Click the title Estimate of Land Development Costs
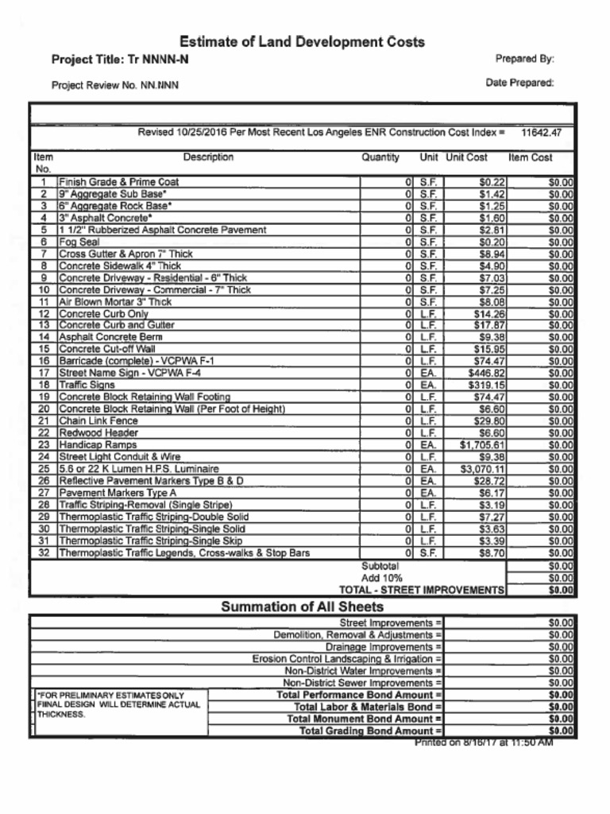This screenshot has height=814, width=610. tap(302, 41)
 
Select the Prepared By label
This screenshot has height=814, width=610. tap(524, 59)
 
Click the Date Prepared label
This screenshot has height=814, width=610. tap(519, 83)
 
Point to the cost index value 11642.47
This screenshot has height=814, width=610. tap(541, 133)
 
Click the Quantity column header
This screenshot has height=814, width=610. tap(380, 157)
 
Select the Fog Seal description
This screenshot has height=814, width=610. tap(79, 242)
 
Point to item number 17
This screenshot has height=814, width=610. tap(44, 373)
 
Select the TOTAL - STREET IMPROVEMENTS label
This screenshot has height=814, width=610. tap(421, 591)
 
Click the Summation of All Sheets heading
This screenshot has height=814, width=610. tap(302, 607)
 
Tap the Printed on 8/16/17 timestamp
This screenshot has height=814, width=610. tap(483, 742)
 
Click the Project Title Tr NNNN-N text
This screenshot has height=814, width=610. tap(120, 60)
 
